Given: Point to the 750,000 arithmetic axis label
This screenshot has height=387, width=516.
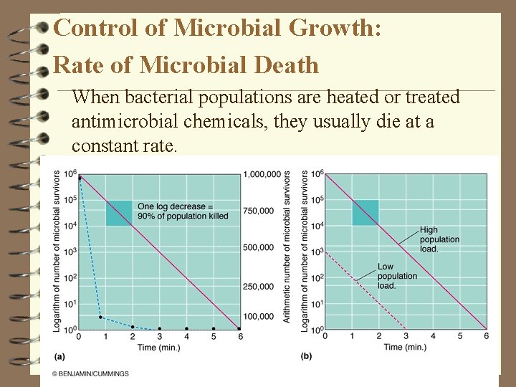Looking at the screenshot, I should coord(258,210).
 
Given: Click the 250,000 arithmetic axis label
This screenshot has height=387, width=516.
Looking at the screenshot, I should coord(258,287).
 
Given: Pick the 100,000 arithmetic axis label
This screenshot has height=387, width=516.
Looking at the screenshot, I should coord(258,316).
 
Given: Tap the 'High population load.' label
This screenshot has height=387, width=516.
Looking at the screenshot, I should coord(439,239).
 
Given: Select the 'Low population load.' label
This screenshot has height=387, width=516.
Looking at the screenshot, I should coord(396,276).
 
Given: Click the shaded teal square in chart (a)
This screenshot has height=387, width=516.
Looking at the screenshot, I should coord(119,213).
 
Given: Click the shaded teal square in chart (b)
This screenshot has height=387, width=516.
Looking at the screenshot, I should coord(365,213).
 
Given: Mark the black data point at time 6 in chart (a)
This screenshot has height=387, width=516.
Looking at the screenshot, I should coord(239,329).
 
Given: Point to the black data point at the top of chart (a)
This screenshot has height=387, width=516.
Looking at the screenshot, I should coord(80,178).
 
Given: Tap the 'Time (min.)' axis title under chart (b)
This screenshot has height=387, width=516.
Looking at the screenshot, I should coord(405,348).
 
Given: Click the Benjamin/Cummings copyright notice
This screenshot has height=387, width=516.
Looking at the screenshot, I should coord(90,373).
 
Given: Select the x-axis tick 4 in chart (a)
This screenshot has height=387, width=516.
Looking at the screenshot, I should coord(186,337).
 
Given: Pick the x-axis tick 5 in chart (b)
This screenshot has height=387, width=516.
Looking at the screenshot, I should coord(459,337).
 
